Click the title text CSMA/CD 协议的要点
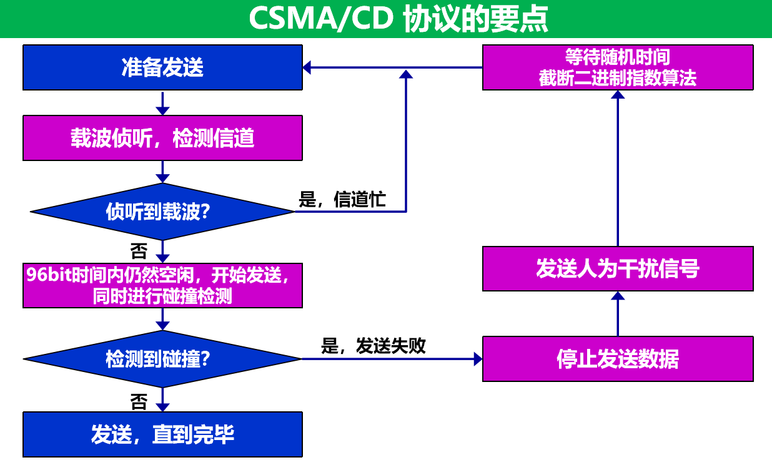[398, 19]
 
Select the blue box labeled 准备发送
[162, 67]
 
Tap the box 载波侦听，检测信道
[162, 138]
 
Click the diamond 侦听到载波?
[162, 212]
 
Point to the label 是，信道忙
[342, 200]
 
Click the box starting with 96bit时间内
[162, 285]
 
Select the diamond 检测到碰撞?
[162, 359]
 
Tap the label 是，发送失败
[373, 346]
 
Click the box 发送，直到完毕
[162, 434]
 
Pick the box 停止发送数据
[618, 359]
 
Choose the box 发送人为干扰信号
[618, 268]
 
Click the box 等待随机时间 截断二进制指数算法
[618, 67]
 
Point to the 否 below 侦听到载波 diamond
[139, 252]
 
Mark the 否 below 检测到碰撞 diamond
[139, 401]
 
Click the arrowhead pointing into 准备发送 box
[307, 67]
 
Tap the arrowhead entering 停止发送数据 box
[478, 359]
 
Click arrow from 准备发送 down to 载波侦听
[162, 103]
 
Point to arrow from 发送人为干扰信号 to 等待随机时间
[618, 169]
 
